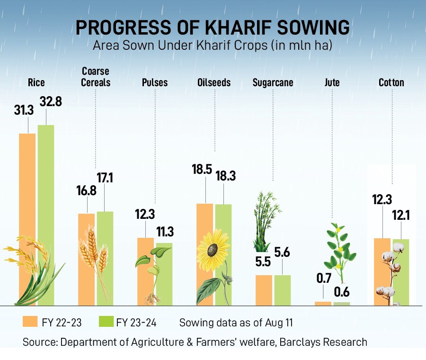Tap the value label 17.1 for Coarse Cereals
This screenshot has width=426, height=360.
point(105,179)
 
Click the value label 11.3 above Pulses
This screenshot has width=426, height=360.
point(165,232)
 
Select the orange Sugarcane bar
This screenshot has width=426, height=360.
point(264,290)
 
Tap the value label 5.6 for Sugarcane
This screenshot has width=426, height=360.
point(282,252)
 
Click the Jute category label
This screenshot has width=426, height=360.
point(332,83)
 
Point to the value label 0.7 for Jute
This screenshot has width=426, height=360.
point(323,279)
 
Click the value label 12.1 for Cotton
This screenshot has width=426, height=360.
point(401,216)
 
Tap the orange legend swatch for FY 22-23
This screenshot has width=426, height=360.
point(30,322)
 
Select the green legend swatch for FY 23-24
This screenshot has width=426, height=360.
point(105,322)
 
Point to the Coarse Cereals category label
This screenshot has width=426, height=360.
point(96,77)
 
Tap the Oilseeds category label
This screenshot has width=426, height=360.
point(214,83)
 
